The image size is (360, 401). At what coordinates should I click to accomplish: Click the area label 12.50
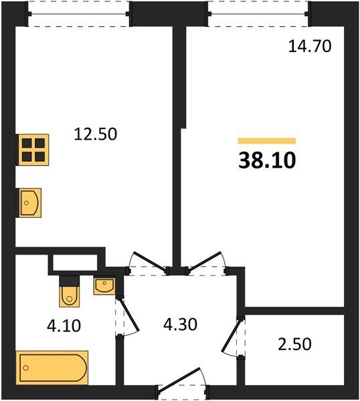point(95,134)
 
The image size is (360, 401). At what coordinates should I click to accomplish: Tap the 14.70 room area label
point(308,46)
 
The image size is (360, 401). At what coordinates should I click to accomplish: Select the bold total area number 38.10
point(267,160)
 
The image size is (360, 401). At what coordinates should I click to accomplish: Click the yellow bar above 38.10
point(267,141)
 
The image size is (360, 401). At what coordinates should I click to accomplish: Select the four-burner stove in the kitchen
point(33,150)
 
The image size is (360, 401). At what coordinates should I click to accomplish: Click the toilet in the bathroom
point(70,291)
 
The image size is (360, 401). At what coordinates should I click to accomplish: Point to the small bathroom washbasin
point(104,285)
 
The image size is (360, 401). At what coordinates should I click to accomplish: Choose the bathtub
point(52,366)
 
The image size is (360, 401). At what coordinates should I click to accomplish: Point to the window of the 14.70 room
point(258,14)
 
